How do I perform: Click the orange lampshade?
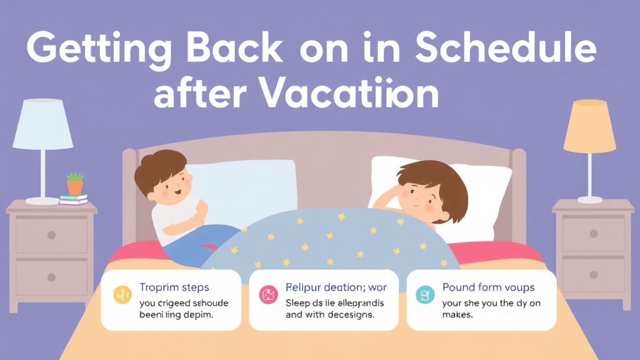(x=589, y=127)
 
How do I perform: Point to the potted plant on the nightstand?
(x=75, y=184)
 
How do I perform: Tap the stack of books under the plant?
(x=74, y=199)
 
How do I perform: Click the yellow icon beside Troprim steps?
(x=122, y=293)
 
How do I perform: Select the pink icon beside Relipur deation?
(x=268, y=294)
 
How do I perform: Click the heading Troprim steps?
(x=174, y=288)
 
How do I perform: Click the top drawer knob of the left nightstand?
(x=51, y=235)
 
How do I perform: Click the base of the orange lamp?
(x=589, y=199)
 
